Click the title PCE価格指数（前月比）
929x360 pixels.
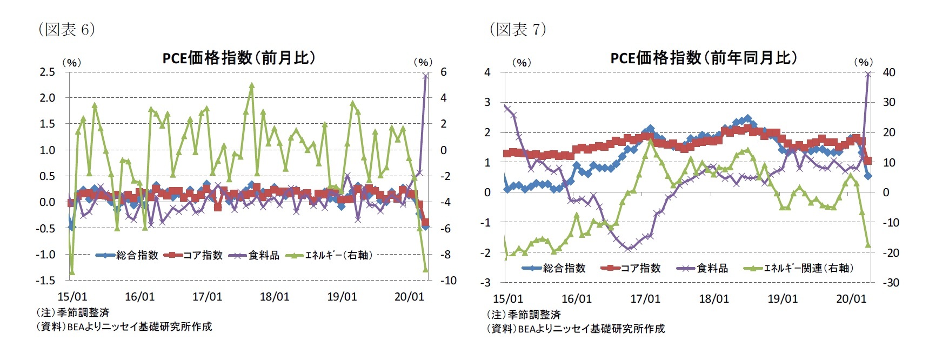point(238,57)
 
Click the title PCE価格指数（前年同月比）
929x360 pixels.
point(703,57)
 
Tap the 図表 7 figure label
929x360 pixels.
point(518,29)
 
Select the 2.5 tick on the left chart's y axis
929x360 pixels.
point(48,72)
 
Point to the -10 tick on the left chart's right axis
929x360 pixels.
point(448,281)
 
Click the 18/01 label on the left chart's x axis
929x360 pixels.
point(275,297)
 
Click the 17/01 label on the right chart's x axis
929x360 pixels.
point(645,299)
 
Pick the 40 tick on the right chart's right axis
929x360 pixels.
point(888,72)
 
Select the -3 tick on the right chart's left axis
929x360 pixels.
point(487,283)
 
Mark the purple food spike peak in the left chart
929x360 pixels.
point(425,76)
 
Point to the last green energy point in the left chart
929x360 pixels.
point(426,269)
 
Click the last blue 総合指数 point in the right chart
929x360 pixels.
point(868,176)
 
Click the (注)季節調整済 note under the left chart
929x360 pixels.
point(72,312)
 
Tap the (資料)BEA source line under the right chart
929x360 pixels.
point(576,329)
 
